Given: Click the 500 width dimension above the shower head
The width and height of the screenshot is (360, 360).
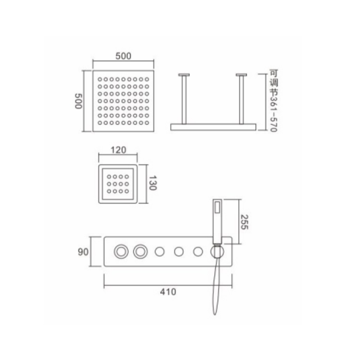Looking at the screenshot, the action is (123, 56).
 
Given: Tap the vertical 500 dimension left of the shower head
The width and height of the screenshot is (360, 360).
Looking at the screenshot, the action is (78, 101).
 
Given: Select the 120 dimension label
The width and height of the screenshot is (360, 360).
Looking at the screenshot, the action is (118, 150).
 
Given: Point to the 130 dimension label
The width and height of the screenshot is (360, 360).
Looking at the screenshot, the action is (153, 183).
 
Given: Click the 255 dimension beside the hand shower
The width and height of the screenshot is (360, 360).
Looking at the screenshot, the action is (244, 222).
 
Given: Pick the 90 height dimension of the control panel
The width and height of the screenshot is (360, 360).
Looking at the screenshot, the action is (83, 252).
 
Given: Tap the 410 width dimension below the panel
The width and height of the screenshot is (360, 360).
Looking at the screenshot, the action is (168, 292).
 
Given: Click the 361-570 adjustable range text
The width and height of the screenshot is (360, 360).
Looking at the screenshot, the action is (274, 114).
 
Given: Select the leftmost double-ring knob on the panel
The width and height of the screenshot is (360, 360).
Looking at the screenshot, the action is (121, 252).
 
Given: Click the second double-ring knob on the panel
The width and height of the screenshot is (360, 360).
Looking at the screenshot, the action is (140, 252).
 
